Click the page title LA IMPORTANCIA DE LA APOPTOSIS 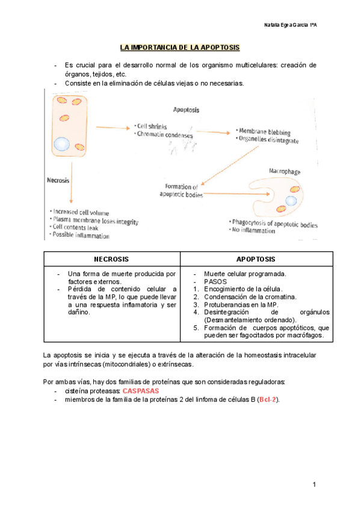(x=179, y=47)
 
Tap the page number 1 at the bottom (x=314, y=484)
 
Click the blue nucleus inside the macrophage (x=291, y=200)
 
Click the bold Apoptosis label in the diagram (x=187, y=110)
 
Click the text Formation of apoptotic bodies (x=181, y=190)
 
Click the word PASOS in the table (x=215, y=281)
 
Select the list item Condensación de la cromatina (x=250, y=297)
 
